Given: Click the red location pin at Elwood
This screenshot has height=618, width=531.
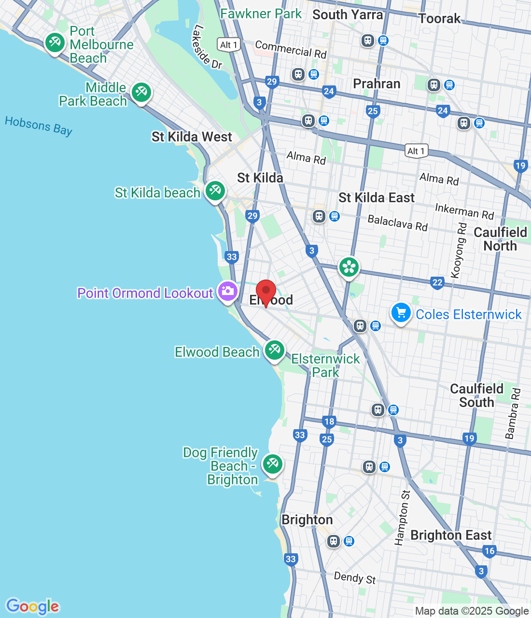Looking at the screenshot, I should click(x=265, y=292).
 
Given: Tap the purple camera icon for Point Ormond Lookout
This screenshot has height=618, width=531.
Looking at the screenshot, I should click(x=227, y=291).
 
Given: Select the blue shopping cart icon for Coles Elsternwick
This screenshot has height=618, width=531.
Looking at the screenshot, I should click(x=401, y=312).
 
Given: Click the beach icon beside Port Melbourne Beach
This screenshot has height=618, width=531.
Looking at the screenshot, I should click(x=55, y=42).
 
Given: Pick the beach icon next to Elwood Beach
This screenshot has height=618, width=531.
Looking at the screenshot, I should click(x=275, y=349).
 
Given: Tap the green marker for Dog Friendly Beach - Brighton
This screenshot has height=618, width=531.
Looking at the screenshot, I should click(x=272, y=464).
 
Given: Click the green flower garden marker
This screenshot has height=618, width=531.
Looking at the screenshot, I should click(x=349, y=267).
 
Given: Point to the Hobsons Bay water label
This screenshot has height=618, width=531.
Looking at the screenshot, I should click(x=39, y=126).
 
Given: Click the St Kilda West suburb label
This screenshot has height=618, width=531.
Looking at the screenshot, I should click(x=192, y=137).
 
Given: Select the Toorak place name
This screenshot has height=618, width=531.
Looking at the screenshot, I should click(x=439, y=19).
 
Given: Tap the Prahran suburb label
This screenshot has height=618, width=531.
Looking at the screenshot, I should click(x=377, y=84).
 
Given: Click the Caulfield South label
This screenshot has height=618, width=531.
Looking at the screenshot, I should click(x=476, y=395).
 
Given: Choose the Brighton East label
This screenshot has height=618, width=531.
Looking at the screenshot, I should click(x=451, y=535).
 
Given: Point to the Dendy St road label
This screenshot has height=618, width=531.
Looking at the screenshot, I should click(x=355, y=577).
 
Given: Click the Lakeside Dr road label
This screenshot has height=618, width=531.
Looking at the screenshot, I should click(x=207, y=47).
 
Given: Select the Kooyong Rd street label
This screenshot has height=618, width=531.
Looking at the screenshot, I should click(x=459, y=251).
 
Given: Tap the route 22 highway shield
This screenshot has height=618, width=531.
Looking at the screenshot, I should click(x=437, y=282).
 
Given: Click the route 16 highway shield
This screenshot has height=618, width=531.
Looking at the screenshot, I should click(x=489, y=551).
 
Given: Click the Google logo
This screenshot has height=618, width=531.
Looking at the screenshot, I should click(x=33, y=606).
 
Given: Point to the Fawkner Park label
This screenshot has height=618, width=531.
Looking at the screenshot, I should click(x=261, y=14).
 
